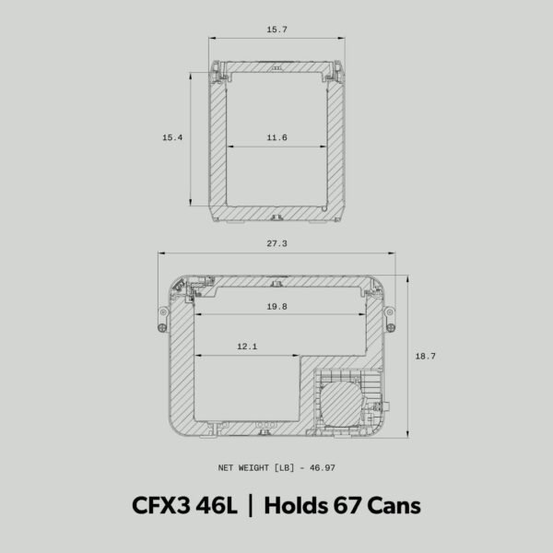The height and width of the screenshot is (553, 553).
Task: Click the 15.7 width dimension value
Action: pos(277,30)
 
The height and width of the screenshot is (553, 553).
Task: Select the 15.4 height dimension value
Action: pos(172,137)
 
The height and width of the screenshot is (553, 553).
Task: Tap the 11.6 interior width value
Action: pos(277,137)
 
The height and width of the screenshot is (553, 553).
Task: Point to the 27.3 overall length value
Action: pos(276,244)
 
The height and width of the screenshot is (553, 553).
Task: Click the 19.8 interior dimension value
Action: pos(277,306)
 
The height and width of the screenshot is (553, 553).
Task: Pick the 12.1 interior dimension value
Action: pos(247,347)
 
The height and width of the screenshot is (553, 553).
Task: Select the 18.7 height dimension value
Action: pos(425,355)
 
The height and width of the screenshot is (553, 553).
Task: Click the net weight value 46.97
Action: pos(322,467)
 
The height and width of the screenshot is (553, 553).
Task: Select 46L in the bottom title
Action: pos(218,506)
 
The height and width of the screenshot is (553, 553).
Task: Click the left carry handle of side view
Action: pos(162,317)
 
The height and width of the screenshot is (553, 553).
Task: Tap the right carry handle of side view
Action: pos(390,317)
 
